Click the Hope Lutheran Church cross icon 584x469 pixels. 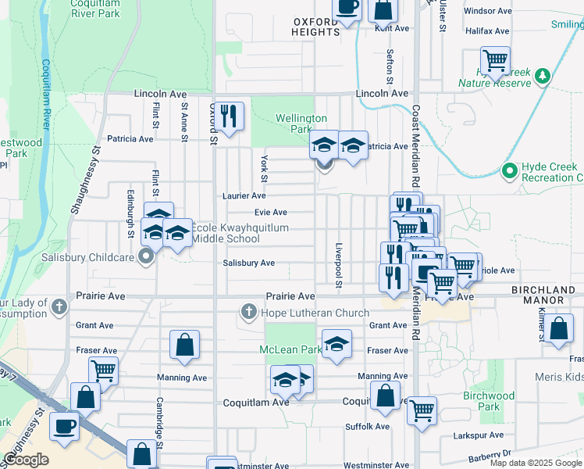pyautogui.click(x=249, y=313)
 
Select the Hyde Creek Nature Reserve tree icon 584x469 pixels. pyautogui.click(x=544, y=76)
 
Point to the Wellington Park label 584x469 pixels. pyautogui.click(x=301, y=124)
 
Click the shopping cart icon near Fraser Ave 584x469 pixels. pyautogui.click(x=103, y=371)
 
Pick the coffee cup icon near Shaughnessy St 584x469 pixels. pyautogui.click(x=64, y=426)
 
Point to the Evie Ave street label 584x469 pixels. pyautogui.click(x=271, y=213)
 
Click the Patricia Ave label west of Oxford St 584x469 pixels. pyautogui.click(x=130, y=139)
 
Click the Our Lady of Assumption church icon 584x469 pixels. pyautogui.click(x=59, y=308)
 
